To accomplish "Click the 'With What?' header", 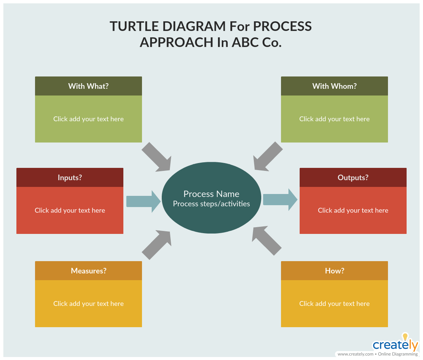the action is pos(88,86).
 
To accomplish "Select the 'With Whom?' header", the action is pos(335,86).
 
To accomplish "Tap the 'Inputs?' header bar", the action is pos(70,178).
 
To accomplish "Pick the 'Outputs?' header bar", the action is pos(353,178).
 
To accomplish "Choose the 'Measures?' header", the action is pos(88,270).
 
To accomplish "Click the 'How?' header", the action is pos(335,270).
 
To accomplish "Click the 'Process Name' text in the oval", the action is pos(212,194).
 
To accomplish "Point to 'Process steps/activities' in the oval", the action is pos(212,204).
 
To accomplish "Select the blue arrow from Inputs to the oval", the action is pos(143,201).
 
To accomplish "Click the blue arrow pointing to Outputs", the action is pos(280,200).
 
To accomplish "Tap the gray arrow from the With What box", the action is pos(157,157).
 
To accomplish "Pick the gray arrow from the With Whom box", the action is pos(268,156).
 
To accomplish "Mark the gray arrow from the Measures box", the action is pos(157,245).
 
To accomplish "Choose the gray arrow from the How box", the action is pos(267,241).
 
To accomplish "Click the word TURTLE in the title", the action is pos(134,26).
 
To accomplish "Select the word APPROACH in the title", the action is pos(176,42).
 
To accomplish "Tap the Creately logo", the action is pos(395,342).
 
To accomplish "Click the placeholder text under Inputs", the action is pos(70,210).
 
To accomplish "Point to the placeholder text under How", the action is pos(335,304).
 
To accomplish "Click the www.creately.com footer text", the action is pos(356,354).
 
